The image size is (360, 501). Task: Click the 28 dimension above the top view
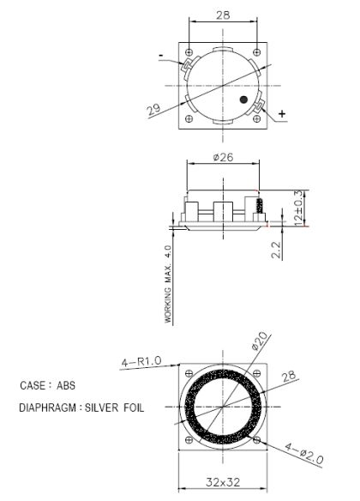click(x=223, y=15)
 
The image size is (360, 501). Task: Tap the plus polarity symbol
click(x=283, y=113)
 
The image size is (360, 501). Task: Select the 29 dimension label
click(x=153, y=110)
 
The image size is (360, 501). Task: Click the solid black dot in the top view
click(x=244, y=100)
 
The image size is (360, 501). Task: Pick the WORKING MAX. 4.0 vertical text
click(x=169, y=283)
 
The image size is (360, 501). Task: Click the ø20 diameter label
click(x=261, y=341)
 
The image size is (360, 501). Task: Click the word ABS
click(x=66, y=386)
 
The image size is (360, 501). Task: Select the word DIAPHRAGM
click(x=47, y=408)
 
